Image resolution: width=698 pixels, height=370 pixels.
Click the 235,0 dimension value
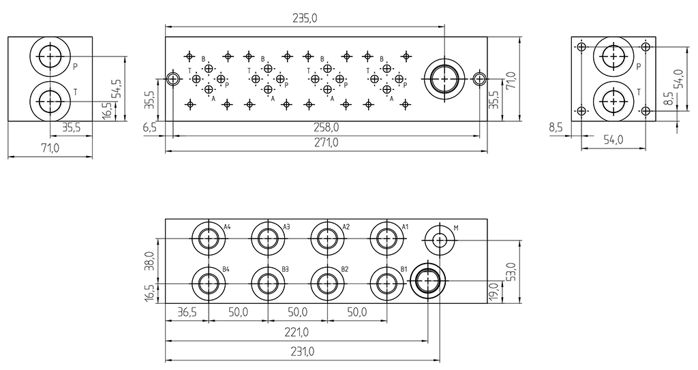tap(304, 18)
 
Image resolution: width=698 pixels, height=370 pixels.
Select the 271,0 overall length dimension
tap(326, 143)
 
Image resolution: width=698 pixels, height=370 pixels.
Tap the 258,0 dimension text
tap(326, 127)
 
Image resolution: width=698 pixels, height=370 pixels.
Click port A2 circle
tap(327, 238)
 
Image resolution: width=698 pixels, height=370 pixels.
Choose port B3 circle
tap(268, 282)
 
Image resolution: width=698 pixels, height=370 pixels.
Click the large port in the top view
tap(444, 79)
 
